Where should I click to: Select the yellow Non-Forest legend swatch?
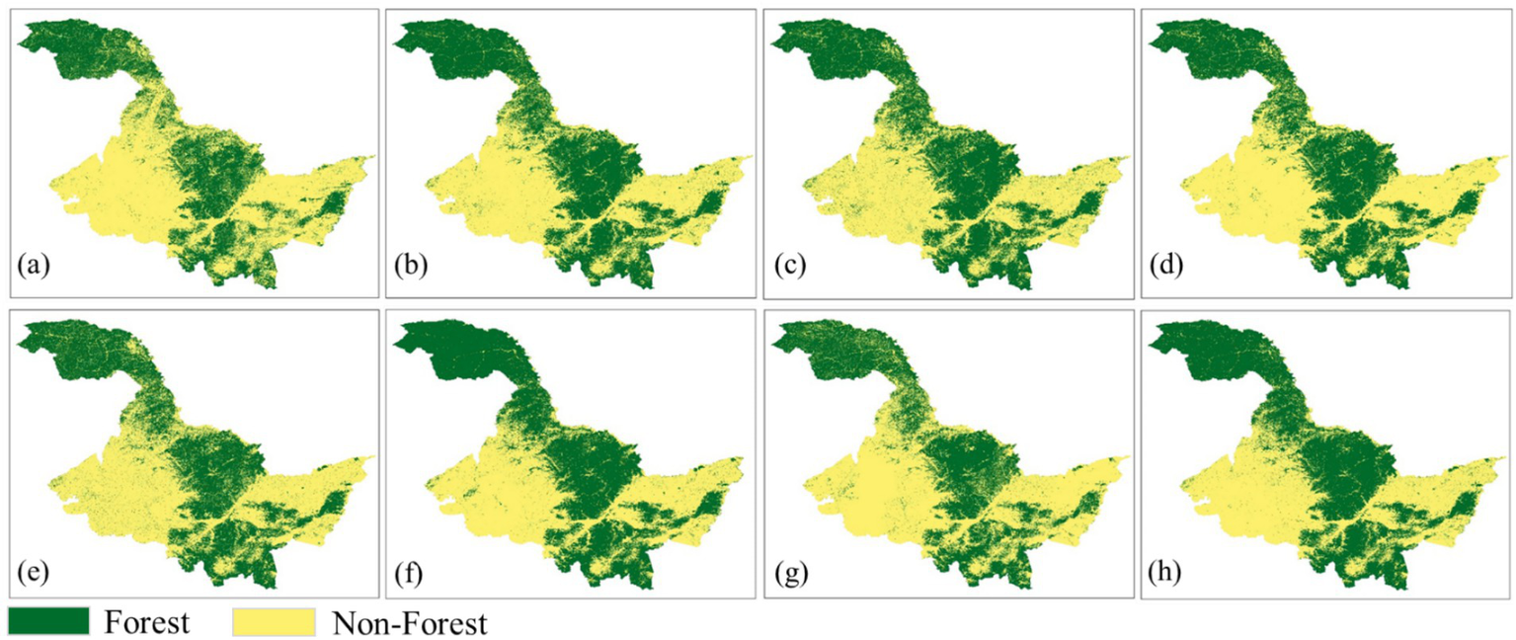coord(274,621)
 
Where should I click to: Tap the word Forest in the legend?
coord(146,622)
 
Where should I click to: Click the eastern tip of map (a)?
coord(374,157)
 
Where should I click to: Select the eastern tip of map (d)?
coord(1507,157)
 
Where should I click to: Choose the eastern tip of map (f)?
coord(752,458)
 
